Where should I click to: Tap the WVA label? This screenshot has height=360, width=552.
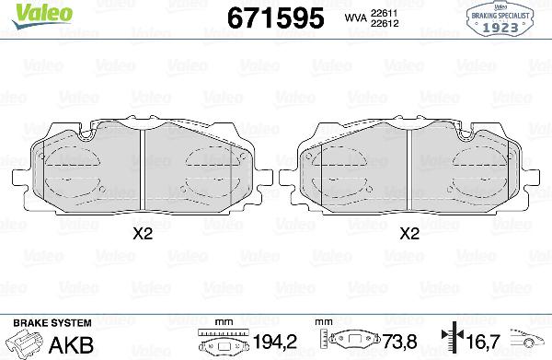(x=355, y=17)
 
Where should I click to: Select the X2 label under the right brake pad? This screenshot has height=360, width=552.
(x=409, y=234)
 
